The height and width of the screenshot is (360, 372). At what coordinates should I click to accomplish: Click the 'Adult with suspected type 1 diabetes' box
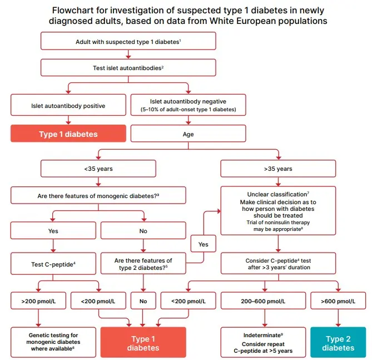(x=128, y=42)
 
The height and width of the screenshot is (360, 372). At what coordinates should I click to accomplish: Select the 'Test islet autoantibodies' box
(x=128, y=68)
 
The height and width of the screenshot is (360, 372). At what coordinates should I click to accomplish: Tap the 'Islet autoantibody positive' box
(x=68, y=105)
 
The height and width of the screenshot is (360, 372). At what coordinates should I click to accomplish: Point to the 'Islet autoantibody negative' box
(x=188, y=105)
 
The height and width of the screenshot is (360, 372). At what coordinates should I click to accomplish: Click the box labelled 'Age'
(x=188, y=134)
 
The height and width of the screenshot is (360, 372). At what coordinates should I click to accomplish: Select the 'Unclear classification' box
(x=278, y=210)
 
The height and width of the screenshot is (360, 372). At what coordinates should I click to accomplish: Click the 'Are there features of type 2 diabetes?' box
(x=143, y=263)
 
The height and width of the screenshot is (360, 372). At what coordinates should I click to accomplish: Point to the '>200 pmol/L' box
(x=38, y=302)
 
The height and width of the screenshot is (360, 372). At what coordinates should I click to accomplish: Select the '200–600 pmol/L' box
(x=264, y=302)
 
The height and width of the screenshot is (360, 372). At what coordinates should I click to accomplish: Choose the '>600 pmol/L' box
(x=338, y=302)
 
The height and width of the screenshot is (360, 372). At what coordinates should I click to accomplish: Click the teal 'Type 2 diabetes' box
(x=338, y=343)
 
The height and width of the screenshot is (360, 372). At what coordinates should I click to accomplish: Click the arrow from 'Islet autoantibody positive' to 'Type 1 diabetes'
(x=68, y=119)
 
